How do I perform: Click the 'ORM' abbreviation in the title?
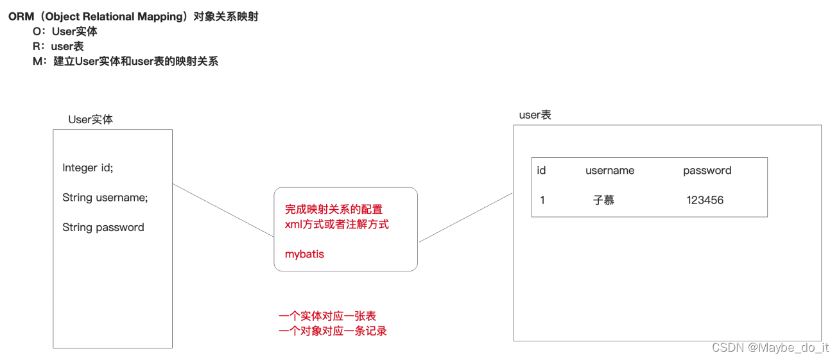click(x=21, y=17)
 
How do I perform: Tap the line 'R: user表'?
click(x=58, y=46)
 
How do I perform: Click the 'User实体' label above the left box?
click(x=91, y=119)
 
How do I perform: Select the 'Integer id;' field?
click(x=87, y=168)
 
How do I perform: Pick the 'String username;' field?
click(x=105, y=198)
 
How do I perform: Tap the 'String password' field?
click(x=103, y=227)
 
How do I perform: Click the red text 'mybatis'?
click(x=304, y=254)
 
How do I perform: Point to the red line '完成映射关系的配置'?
click(x=333, y=210)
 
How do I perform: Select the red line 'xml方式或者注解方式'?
click(x=336, y=224)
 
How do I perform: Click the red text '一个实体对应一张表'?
click(x=327, y=316)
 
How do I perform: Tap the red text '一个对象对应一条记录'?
click(x=333, y=331)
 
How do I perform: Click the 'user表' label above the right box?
click(x=535, y=115)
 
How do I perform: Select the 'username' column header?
click(x=609, y=171)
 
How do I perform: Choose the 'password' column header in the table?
click(x=707, y=171)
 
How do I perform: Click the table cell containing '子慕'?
click(x=603, y=200)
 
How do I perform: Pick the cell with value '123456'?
click(x=705, y=200)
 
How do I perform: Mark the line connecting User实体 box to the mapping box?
click(x=223, y=210)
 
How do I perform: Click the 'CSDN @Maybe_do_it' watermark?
click(x=770, y=347)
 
